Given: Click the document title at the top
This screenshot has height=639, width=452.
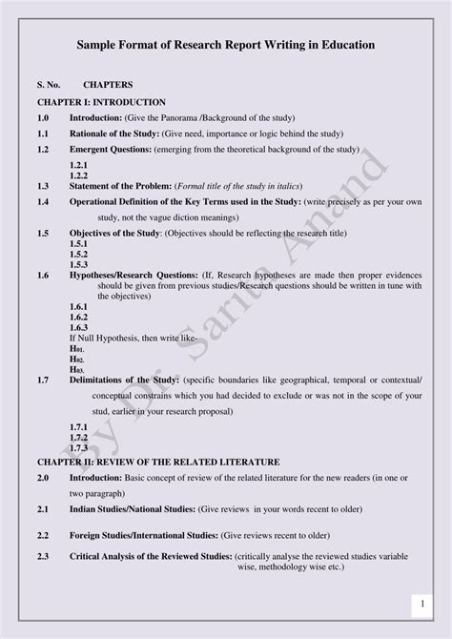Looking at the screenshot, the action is click(x=225, y=45).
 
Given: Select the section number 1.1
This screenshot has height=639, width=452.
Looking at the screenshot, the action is click(x=42, y=134).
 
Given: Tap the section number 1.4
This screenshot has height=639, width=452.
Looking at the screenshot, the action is click(x=42, y=203).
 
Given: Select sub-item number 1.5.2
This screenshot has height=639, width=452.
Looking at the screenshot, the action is click(x=78, y=255).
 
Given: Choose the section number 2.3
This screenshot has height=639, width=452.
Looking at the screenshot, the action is click(x=42, y=556).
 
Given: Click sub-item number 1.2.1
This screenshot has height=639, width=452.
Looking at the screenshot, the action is click(x=78, y=165).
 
